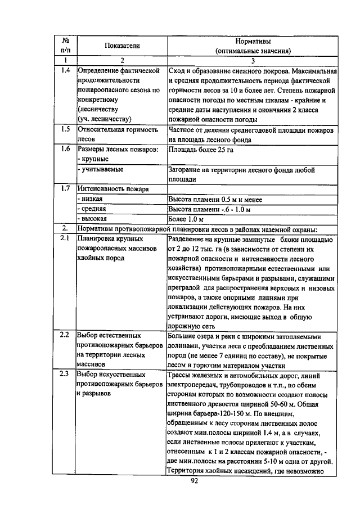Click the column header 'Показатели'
pos(121,46)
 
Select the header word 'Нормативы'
pos(253,40)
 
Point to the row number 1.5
pos(66,129)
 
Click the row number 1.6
pos(66,149)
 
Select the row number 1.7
pos(66,188)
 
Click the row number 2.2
pos(66,335)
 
